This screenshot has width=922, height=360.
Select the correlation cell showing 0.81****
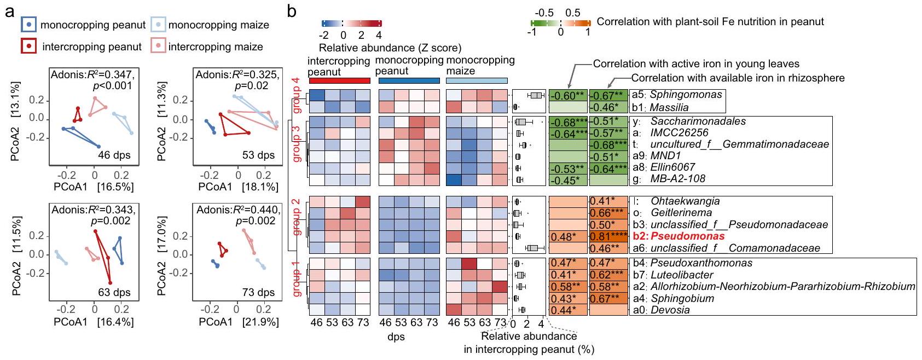pos(608,236)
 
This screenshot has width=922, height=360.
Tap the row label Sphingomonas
pos(686,95)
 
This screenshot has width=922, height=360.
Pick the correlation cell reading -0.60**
pos(567,96)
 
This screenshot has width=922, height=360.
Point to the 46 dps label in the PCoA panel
pos(114,155)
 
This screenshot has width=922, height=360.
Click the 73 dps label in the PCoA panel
pos(258,292)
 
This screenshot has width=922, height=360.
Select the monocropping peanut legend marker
pos(28,25)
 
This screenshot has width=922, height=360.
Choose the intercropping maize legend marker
pos(158,46)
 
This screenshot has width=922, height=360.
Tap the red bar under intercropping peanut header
pos(339,81)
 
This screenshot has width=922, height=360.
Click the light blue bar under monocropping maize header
pos(477,81)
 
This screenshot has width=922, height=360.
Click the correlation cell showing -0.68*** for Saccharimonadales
pos(567,121)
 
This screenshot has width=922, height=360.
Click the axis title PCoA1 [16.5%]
pos(94,187)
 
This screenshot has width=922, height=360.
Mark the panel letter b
pos(292,11)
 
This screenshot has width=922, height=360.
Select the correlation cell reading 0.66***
pos(608,213)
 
